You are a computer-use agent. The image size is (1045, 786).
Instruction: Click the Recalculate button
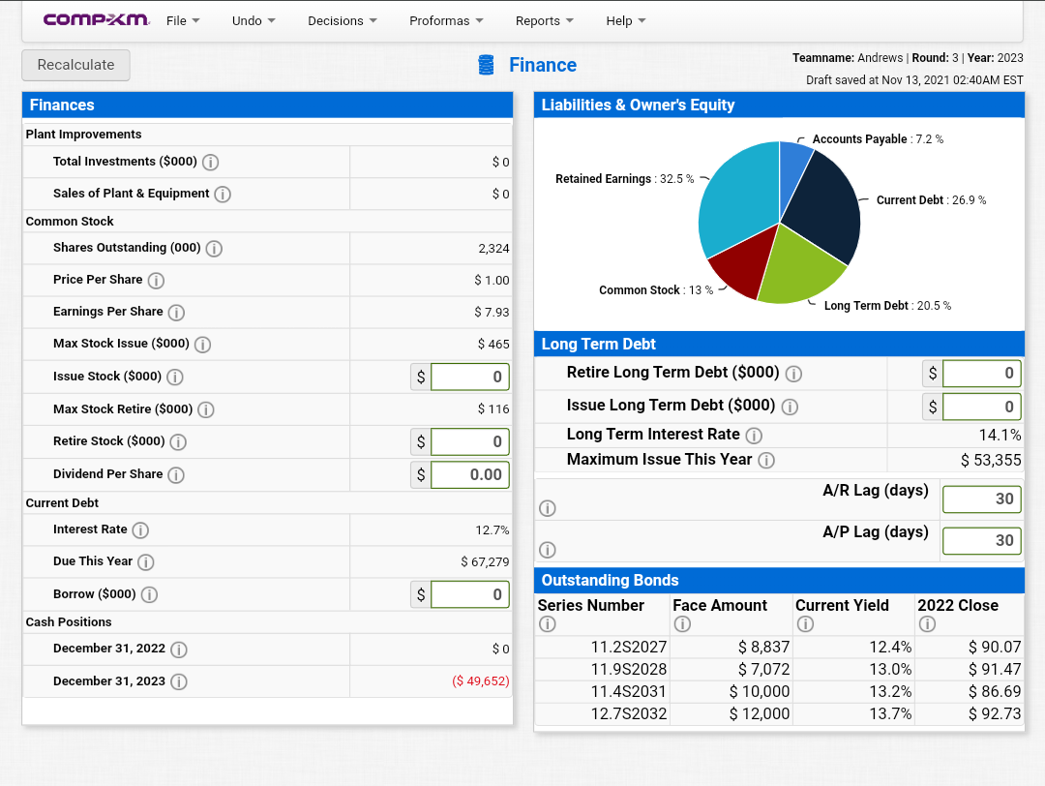tap(75, 65)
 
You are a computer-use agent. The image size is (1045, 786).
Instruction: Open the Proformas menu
tap(446, 20)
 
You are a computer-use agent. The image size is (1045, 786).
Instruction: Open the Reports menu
tap(544, 20)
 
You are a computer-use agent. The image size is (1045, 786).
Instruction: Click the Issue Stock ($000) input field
tap(469, 377)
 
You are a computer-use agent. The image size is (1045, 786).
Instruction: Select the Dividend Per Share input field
tap(469, 474)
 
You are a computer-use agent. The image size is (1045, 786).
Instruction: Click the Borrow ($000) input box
tap(469, 594)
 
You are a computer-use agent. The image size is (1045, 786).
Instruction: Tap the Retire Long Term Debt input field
tap(981, 373)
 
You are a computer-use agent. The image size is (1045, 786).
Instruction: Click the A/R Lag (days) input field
tap(981, 499)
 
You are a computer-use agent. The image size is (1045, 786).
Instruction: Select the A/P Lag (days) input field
tap(981, 540)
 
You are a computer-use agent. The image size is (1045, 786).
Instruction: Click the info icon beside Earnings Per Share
tap(176, 312)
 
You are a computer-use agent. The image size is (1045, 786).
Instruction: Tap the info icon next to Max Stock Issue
tap(202, 344)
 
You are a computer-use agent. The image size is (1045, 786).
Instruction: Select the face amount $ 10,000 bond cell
tap(760, 691)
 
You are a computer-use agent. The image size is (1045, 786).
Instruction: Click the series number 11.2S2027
tap(629, 647)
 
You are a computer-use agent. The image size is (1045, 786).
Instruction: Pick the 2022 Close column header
tap(958, 605)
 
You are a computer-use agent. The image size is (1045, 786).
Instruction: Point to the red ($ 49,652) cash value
tap(481, 680)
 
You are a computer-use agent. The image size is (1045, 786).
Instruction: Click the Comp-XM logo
tap(96, 19)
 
